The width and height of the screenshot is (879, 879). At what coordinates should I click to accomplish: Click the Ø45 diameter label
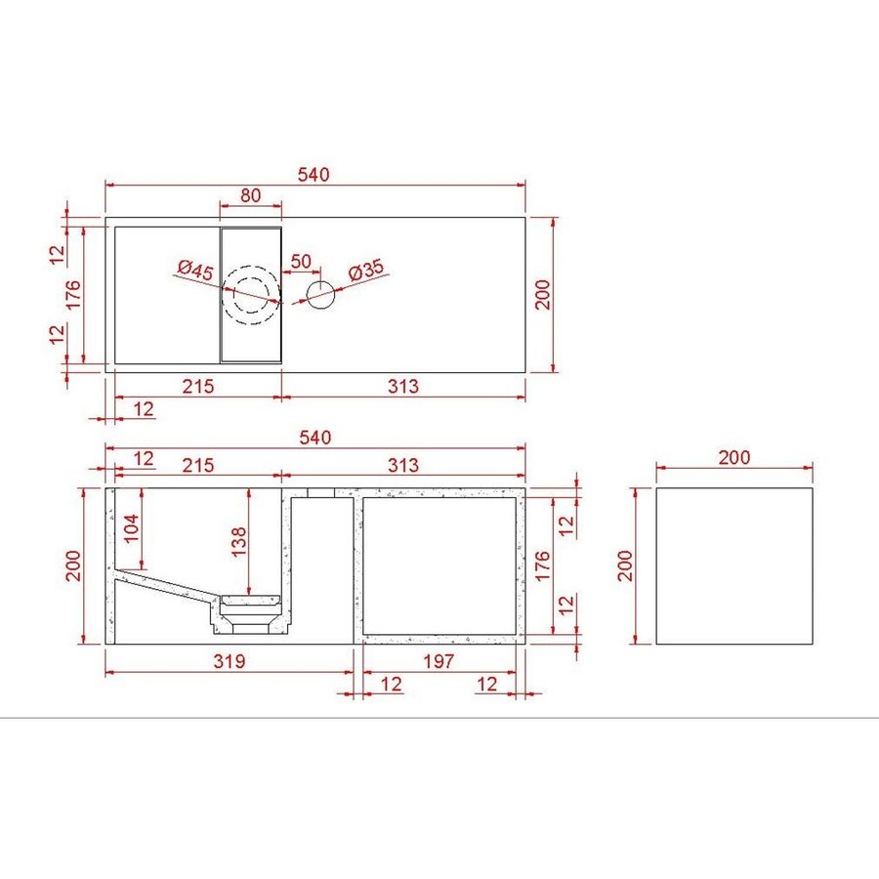click(x=196, y=270)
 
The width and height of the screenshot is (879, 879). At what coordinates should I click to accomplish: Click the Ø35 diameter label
click(x=364, y=270)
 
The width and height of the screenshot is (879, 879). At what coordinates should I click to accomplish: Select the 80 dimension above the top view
click(x=250, y=195)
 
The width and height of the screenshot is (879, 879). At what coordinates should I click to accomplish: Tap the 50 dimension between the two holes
click(x=301, y=262)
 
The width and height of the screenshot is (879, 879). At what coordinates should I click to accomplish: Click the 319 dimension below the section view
click(x=228, y=661)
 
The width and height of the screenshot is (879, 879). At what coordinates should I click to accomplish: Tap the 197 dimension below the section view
click(x=439, y=661)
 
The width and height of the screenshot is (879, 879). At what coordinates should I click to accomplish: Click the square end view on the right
click(x=733, y=566)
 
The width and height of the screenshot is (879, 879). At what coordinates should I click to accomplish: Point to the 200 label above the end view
click(x=733, y=457)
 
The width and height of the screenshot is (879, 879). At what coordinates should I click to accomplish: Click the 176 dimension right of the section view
click(x=545, y=565)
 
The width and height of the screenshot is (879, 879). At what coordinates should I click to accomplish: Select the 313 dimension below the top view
click(x=401, y=386)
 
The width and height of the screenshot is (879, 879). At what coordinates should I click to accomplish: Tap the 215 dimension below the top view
click(x=198, y=386)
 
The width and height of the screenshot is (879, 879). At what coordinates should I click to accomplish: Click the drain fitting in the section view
click(x=251, y=612)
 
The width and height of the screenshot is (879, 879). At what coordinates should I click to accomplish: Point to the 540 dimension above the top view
click(x=314, y=174)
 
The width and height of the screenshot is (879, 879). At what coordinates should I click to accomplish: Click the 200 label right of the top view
click(x=545, y=294)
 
